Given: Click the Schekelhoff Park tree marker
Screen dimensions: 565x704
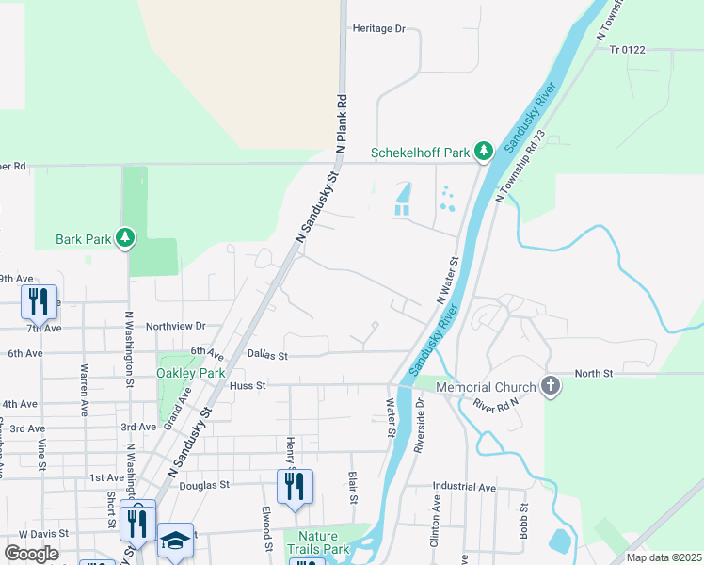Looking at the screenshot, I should click(x=484, y=151).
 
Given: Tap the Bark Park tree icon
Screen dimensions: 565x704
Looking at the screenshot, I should click(x=125, y=237).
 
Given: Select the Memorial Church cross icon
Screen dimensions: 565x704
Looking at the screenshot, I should click(x=551, y=385).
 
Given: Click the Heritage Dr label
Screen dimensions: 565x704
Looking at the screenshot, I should click(x=378, y=28).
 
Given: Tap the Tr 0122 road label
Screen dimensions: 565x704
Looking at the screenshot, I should click(x=628, y=49).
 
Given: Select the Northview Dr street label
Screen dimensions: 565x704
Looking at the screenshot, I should click(x=175, y=326).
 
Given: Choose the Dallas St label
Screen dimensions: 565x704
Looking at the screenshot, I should click(x=267, y=355).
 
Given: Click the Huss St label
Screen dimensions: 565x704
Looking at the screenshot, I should click(x=248, y=385).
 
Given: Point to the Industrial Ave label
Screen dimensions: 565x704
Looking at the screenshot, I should click(x=464, y=487).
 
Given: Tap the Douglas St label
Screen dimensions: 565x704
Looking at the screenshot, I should click(x=204, y=485).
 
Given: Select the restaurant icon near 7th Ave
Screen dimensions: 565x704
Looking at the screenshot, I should click(x=39, y=301).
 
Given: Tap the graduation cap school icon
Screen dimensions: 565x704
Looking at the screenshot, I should click(x=174, y=541).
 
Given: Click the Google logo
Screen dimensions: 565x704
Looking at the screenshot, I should click(x=31, y=554).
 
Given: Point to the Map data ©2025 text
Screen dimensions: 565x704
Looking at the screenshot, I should click(x=664, y=557).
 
